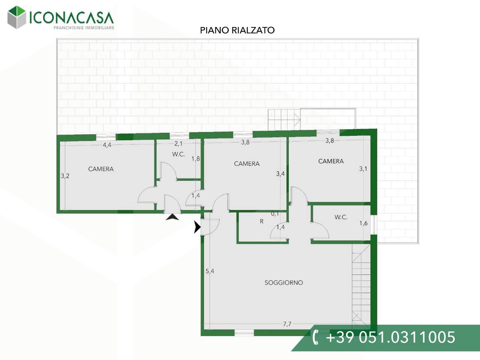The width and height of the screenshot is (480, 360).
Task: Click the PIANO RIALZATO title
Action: pos(237,30)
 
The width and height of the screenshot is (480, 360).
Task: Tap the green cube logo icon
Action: pos(16,17)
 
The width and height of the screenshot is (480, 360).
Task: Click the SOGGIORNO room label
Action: pos(283,283)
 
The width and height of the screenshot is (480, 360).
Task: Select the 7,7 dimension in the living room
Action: pos(287,324)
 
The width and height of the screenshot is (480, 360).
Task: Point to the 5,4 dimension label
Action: pos(210,271)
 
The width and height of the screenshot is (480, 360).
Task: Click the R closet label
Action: pos(261,221)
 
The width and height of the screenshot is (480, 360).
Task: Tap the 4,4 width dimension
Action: pos(107,145)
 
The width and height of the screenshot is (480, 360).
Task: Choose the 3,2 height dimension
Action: pos(65,176)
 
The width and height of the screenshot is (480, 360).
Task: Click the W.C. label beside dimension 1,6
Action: pos(341,217)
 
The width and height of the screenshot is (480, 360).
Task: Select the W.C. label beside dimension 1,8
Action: pos(178,154)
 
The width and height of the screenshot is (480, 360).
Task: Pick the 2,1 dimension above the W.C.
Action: pos(178,144)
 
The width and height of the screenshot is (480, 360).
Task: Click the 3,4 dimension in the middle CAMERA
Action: pos(280,174)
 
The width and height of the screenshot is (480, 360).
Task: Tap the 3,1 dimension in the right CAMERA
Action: pos(363,168)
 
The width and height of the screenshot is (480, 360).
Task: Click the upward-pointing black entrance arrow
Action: pos(172,217)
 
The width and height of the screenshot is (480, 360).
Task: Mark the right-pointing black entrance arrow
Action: pos(197,227)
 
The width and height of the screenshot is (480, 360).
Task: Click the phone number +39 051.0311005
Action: pos(390,337)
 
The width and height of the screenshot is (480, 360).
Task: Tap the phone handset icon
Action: pos(315,337)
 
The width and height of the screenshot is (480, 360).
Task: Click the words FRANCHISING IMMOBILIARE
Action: pos(84,28)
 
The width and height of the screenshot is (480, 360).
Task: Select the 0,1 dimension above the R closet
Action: pos(275,213)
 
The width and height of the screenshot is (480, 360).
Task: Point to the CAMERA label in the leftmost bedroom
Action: pos(101,169)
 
